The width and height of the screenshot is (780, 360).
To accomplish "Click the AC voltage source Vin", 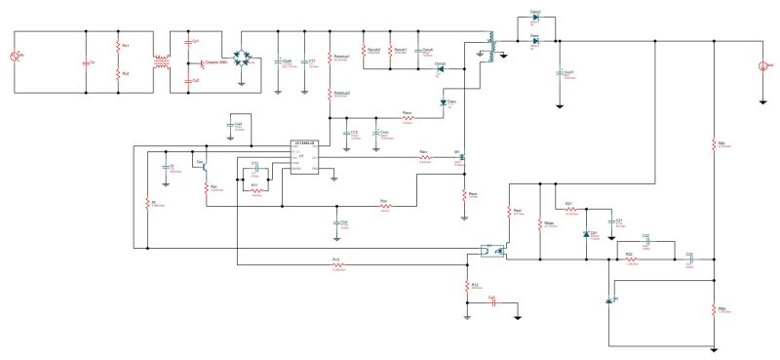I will [16, 60].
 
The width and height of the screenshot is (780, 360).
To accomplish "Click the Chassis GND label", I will [216, 62].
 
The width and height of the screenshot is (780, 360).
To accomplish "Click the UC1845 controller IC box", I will [302, 157].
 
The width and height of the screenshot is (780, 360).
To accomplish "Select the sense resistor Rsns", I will [465, 193].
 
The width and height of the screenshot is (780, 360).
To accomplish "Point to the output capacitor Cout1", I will [560, 72].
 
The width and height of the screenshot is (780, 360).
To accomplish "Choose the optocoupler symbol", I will [491, 250].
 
